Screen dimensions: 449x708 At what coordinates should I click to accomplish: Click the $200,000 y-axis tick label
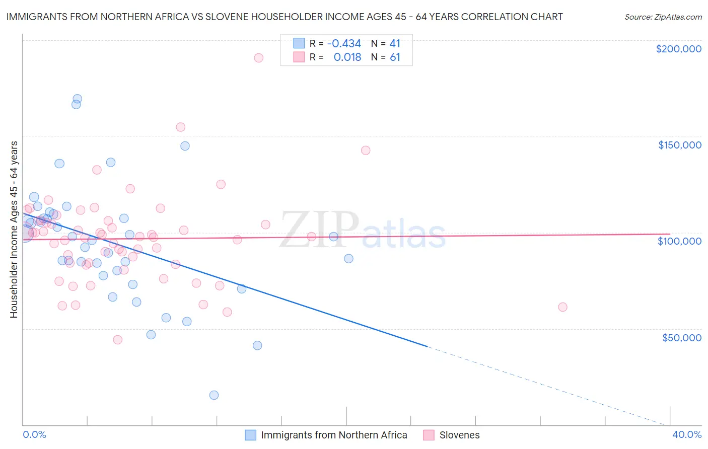pyautogui.click(x=678, y=49)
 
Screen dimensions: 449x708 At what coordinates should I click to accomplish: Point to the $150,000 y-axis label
pyautogui.click(x=679, y=145)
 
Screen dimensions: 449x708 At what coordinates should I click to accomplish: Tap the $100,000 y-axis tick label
pyautogui.click(x=679, y=241)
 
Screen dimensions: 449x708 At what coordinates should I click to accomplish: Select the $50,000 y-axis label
pyautogui.click(x=681, y=338)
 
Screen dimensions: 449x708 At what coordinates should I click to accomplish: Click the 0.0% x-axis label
pyautogui.click(x=34, y=434)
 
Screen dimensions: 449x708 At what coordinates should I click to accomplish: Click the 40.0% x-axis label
pyautogui.click(x=687, y=434)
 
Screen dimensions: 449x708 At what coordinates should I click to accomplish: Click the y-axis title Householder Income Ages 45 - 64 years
pyautogui.click(x=14, y=230)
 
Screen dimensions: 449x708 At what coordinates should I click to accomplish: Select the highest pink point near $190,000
pyautogui.click(x=258, y=58)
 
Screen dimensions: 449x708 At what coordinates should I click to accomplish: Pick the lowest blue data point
pyautogui.click(x=214, y=395)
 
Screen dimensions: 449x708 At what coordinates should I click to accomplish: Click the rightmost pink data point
pyautogui.click(x=562, y=307)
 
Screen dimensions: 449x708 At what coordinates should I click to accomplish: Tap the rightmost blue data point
pyautogui.click(x=348, y=259)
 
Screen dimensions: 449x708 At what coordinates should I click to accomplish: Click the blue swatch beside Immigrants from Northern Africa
pyautogui.click(x=250, y=435)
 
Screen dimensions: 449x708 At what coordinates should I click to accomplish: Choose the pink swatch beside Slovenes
pyautogui.click(x=429, y=435)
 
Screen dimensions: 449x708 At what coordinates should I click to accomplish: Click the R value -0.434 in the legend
pyautogui.click(x=344, y=44)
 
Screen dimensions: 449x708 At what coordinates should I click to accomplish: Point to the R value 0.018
pyautogui.click(x=347, y=57)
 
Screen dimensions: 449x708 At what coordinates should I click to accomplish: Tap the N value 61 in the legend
pyautogui.click(x=395, y=57)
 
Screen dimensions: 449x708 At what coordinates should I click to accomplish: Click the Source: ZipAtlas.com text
pyautogui.click(x=663, y=17)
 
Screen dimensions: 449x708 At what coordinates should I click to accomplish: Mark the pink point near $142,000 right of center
pyautogui.click(x=366, y=151)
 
